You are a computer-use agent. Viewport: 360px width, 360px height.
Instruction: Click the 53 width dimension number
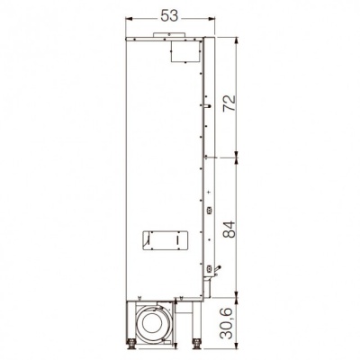[169, 16]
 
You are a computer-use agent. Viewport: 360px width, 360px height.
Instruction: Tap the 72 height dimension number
[229, 103]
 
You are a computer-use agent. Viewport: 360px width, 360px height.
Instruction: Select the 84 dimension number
[229, 229]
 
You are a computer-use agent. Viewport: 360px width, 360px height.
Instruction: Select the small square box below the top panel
[185, 51]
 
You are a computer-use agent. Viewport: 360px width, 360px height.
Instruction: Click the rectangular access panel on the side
[165, 240]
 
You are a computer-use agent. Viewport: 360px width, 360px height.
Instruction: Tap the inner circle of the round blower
[152, 324]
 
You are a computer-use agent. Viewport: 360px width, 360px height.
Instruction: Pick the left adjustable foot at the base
[131, 345]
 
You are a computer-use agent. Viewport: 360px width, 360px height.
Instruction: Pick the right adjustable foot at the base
[197, 345]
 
